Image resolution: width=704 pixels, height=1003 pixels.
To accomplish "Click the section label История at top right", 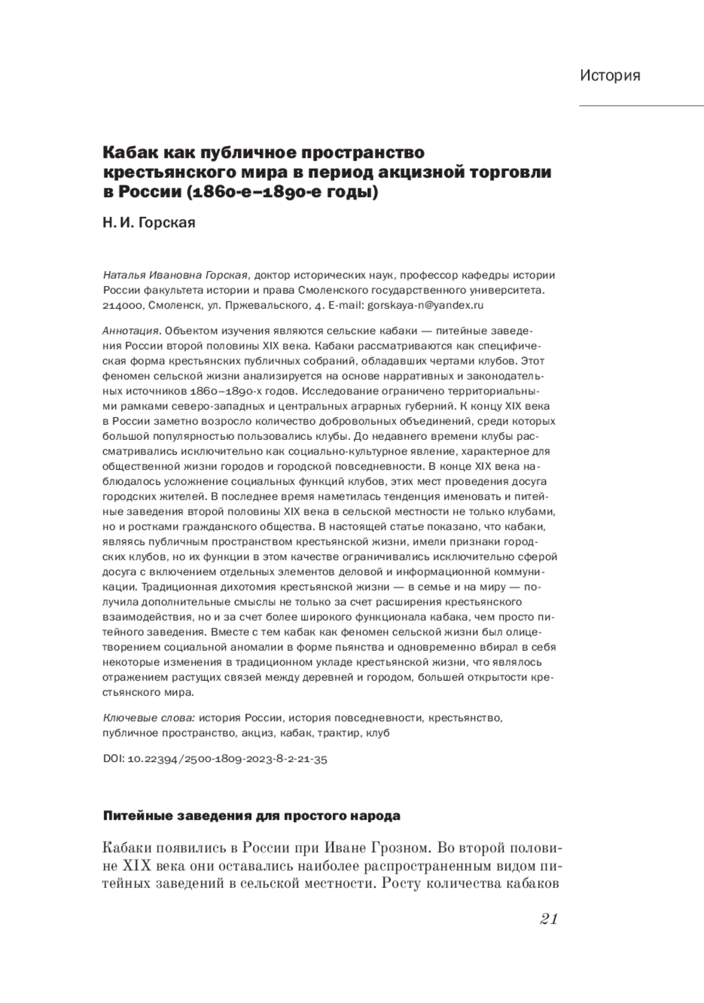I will click(x=610, y=76).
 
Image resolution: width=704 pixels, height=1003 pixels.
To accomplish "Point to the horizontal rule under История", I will click(x=641, y=106).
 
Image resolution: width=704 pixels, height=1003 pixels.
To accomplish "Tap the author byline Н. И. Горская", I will click(x=149, y=223).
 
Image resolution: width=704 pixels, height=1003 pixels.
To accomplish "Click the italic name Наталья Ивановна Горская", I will click(x=177, y=275).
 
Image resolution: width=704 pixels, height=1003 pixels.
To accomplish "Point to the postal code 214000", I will click(x=122, y=306).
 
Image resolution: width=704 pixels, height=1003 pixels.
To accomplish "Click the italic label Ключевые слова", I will click(x=149, y=718).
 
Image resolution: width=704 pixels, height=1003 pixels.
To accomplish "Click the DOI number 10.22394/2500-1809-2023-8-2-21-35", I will click(x=227, y=759).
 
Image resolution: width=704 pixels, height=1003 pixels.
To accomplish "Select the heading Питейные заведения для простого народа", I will click(x=252, y=816).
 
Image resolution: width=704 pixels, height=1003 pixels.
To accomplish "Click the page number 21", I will click(x=547, y=919).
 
